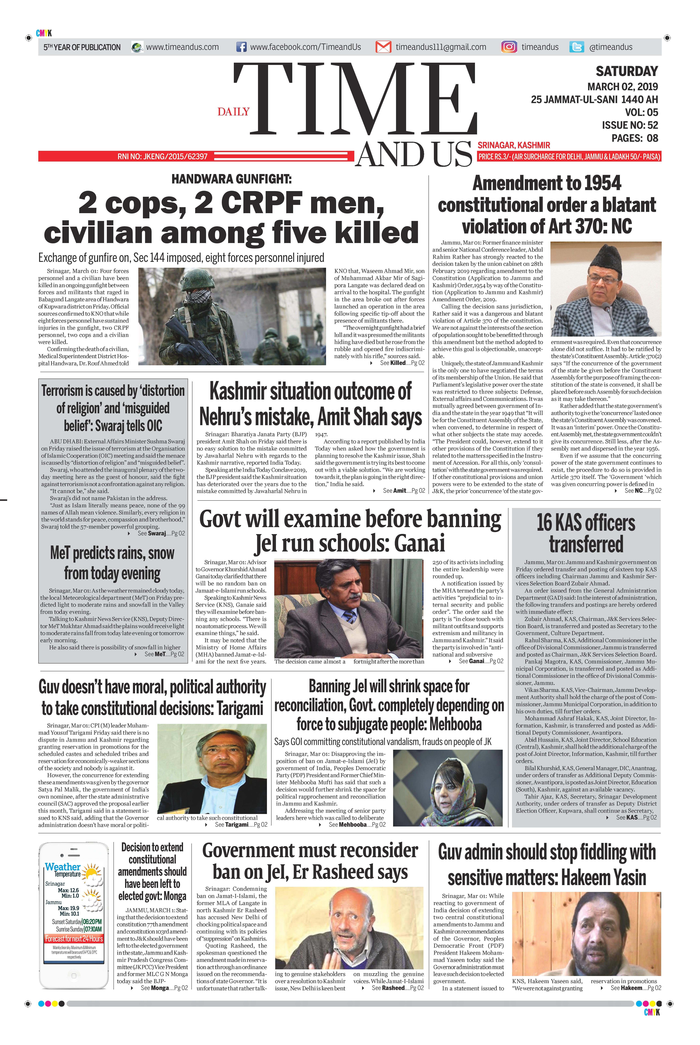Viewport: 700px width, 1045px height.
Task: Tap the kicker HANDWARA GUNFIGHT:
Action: [x=231, y=179]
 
